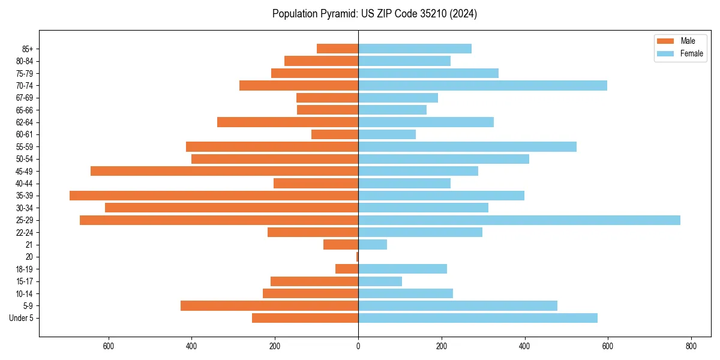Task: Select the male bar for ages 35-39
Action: point(214,196)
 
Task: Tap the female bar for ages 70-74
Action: point(482,85)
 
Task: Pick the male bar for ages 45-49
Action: point(224,171)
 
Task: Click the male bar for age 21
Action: point(341,244)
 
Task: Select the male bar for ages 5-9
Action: point(269,305)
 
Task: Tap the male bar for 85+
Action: point(337,49)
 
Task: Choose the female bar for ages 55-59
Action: point(467,146)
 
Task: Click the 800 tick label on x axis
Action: point(691,346)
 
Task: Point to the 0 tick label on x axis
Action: point(358,346)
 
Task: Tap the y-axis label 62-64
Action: point(25,122)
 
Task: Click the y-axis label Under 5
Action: point(22,318)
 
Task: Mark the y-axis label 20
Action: point(29,257)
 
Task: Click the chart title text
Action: point(374,14)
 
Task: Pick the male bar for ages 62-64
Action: point(287,122)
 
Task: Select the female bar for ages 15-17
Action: point(380,281)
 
